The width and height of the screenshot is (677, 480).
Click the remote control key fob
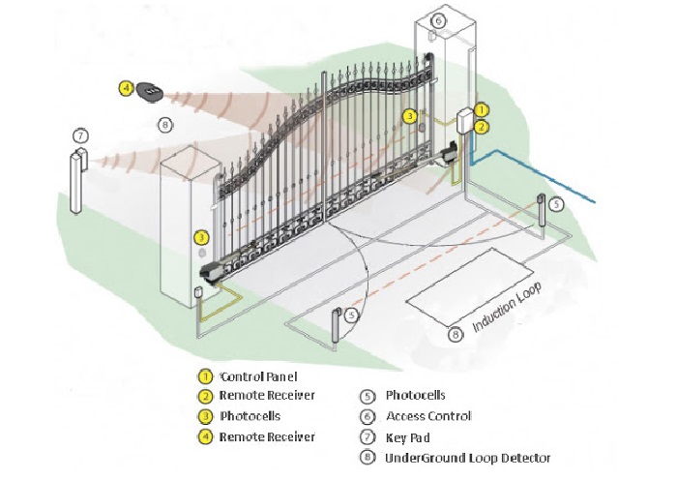click(x=151, y=90)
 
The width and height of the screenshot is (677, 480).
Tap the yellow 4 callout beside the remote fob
click(x=126, y=88)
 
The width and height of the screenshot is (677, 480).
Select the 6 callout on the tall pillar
click(x=438, y=20)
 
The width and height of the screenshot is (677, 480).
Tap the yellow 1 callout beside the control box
click(x=483, y=110)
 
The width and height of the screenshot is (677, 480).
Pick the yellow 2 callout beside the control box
click(x=483, y=126)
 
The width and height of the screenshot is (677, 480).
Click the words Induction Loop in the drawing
click(x=508, y=309)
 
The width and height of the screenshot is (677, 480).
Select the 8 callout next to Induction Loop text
click(x=456, y=334)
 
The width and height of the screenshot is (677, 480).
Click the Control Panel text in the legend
click(x=258, y=376)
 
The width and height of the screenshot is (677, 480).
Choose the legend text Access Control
click(x=428, y=416)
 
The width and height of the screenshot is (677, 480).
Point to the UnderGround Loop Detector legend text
click(x=468, y=458)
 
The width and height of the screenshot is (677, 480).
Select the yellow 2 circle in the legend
click(x=204, y=396)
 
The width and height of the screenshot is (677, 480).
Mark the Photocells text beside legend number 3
click(x=250, y=416)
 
